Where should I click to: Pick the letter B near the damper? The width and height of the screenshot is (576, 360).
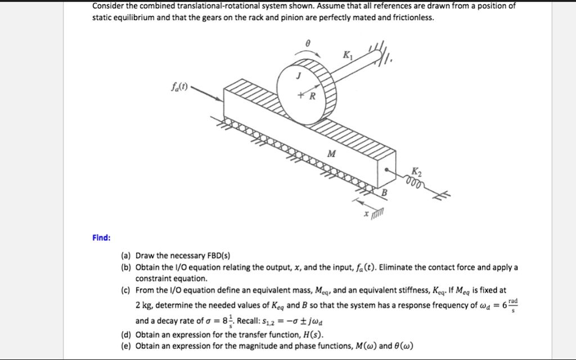[x=385, y=193]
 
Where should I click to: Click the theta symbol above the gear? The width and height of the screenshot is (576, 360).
[x=307, y=43]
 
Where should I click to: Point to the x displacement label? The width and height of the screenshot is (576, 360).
[x=366, y=214]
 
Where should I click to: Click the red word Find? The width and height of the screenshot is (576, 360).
[x=102, y=238]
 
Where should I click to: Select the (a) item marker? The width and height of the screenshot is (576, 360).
[x=125, y=256]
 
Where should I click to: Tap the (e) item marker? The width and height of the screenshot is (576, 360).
[x=125, y=345]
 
